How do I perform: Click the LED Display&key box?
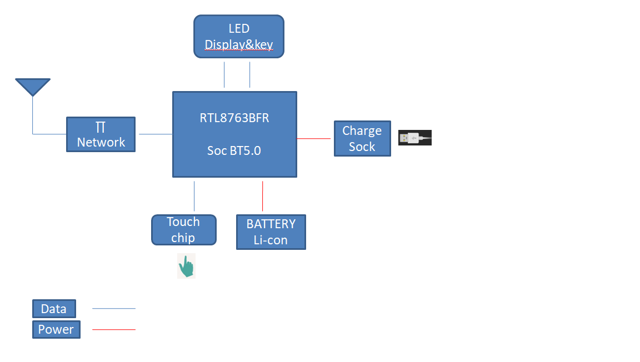coord(239,36)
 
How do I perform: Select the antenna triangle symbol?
coord(33,87)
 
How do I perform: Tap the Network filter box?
coord(101,134)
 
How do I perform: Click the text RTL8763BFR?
coord(234,118)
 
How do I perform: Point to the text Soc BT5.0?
coord(234,150)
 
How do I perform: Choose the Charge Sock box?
coord(362,139)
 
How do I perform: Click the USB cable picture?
coord(415,138)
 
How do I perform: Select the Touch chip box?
coord(183,230)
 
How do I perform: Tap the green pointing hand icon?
coord(186,267)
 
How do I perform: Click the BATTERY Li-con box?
coord(271,232)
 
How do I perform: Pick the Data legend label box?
coord(54,309)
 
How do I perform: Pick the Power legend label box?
coord(56,330)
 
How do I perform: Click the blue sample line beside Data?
coord(114,309)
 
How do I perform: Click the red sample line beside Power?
coord(114,330)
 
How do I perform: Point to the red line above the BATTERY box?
coord(263,196)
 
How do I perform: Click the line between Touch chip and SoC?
coord(194,196)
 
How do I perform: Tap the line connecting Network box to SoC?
coord(156,134)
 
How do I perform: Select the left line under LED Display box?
coord(224,74)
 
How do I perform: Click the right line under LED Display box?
coord(250,74)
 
